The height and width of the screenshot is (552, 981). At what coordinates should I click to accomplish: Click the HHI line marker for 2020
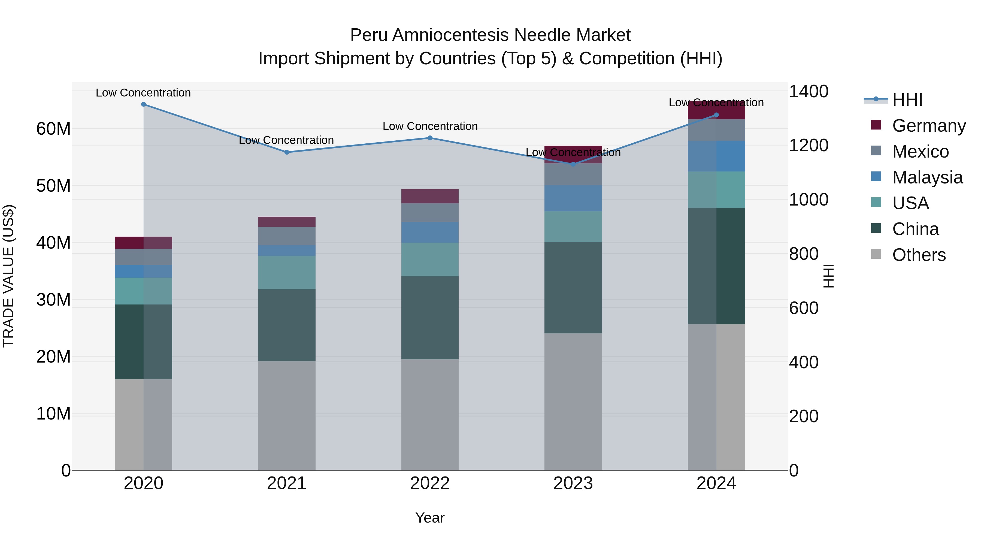tap(144, 104)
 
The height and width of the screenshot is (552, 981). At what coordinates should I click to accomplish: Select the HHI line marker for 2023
tap(573, 164)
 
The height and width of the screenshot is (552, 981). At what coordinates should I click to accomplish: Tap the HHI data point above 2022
tap(430, 138)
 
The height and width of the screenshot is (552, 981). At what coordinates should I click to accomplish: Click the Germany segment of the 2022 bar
tap(430, 196)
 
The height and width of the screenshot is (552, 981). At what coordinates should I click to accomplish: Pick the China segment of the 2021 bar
tap(287, 325)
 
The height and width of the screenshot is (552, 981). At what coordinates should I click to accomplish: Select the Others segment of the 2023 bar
tap(573, 402)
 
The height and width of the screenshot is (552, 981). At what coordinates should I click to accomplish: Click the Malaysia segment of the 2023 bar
tap(573, 198)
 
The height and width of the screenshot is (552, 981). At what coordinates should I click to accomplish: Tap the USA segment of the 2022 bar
tap(430, 260)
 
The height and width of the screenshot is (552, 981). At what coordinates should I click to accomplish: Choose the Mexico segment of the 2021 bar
tap(287, 236)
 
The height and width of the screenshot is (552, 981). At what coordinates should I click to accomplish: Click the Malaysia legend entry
tap(927, 177)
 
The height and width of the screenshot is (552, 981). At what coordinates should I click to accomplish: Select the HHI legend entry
tap(907, 100)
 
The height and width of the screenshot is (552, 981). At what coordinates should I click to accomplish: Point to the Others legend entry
tap(919, 255)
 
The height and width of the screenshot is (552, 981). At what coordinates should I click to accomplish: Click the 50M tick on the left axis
tap(53, 186)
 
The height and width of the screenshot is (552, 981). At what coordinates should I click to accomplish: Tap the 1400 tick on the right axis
tap(808, 91)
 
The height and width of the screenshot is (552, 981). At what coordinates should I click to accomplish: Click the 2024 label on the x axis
tap(716, 483)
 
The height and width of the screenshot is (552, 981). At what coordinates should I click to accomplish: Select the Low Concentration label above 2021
tap(286, 140)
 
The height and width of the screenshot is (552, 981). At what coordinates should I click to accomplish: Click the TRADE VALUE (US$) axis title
tap(8, 276)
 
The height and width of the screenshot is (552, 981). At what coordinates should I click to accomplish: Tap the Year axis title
tap(430, 518)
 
